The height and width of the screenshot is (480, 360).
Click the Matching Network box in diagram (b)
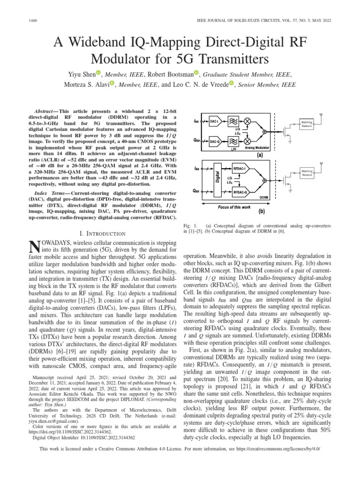click(307, 173)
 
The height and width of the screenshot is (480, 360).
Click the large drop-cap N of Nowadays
click(33, 246)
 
